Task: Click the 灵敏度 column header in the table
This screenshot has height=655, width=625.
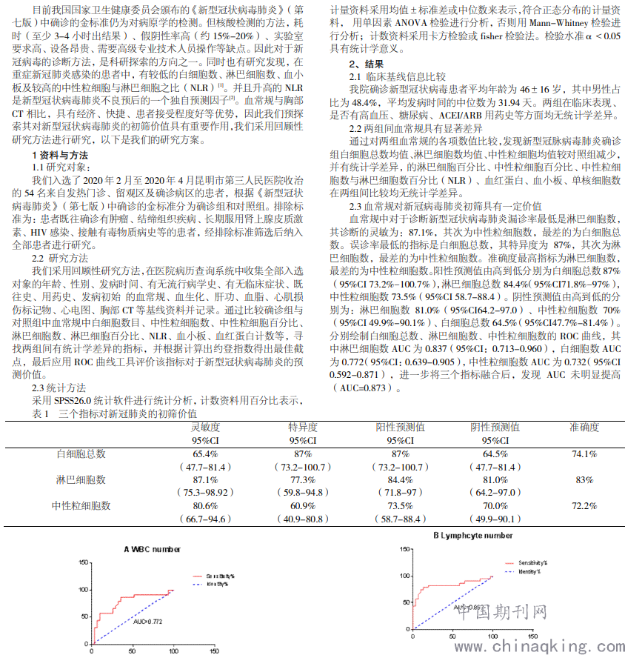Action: pos(204,428)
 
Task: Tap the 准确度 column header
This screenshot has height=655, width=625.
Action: pos(584,428)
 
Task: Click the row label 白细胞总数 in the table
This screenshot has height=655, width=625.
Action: pos(81,453)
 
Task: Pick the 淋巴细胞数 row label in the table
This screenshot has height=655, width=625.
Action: pos(81,479)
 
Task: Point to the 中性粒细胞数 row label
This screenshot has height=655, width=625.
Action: pos(81,505)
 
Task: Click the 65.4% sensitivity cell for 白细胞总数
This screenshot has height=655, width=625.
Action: pos(205,453)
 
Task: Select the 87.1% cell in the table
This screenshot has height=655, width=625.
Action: pos(205,479)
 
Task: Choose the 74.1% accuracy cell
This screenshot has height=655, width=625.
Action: pos(584,453)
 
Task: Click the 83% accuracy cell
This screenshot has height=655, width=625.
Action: pos(584,479)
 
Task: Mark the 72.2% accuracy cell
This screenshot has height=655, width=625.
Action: pos(584,505)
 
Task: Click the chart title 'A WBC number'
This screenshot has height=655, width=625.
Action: pos(152,549)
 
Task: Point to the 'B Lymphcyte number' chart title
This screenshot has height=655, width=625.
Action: pos(473,535)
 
